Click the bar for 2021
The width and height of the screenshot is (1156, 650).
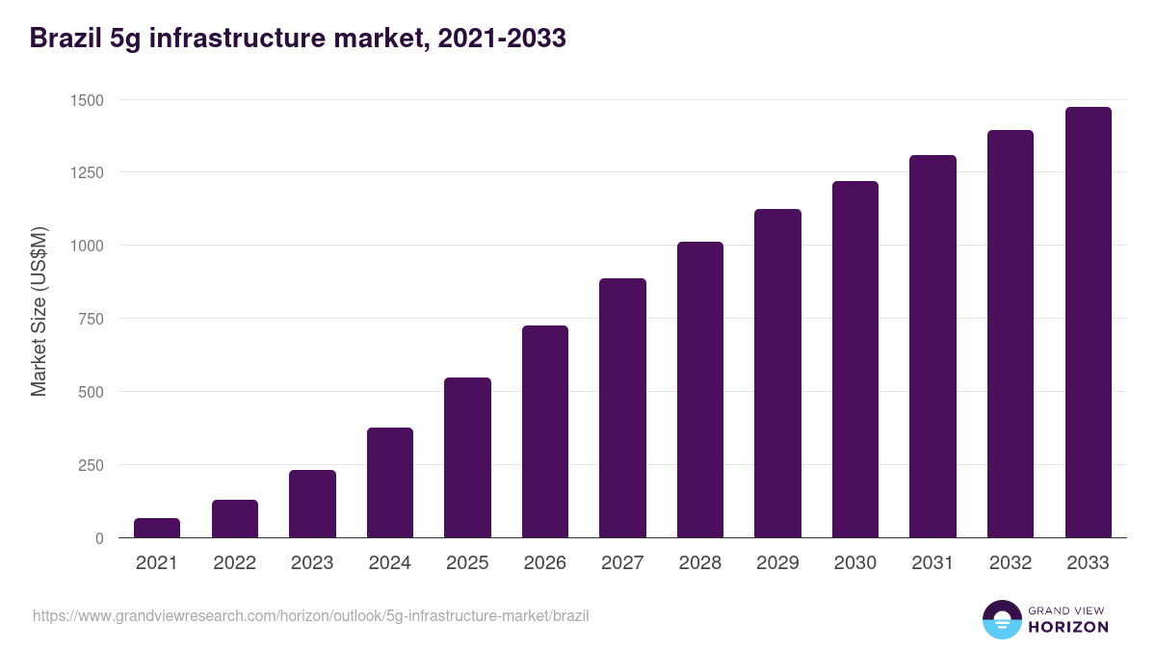157,528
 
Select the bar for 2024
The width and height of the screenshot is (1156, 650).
390,482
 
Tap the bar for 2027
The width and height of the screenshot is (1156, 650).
622,408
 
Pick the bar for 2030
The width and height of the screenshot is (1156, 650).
855,359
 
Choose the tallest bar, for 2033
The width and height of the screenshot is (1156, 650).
1088,323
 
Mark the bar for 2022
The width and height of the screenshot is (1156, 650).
235,519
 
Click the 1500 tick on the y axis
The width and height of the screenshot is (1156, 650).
86,100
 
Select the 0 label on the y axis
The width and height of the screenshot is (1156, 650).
99,538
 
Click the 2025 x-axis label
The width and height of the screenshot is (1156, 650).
467,563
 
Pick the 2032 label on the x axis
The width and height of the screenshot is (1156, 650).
1011,563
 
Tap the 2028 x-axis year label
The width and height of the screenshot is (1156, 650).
700,563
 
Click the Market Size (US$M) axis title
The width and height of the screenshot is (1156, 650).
39,311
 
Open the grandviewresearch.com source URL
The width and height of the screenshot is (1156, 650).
310,615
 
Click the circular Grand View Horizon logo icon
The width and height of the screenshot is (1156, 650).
1001,619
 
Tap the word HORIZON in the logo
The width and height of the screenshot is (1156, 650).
1068,627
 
